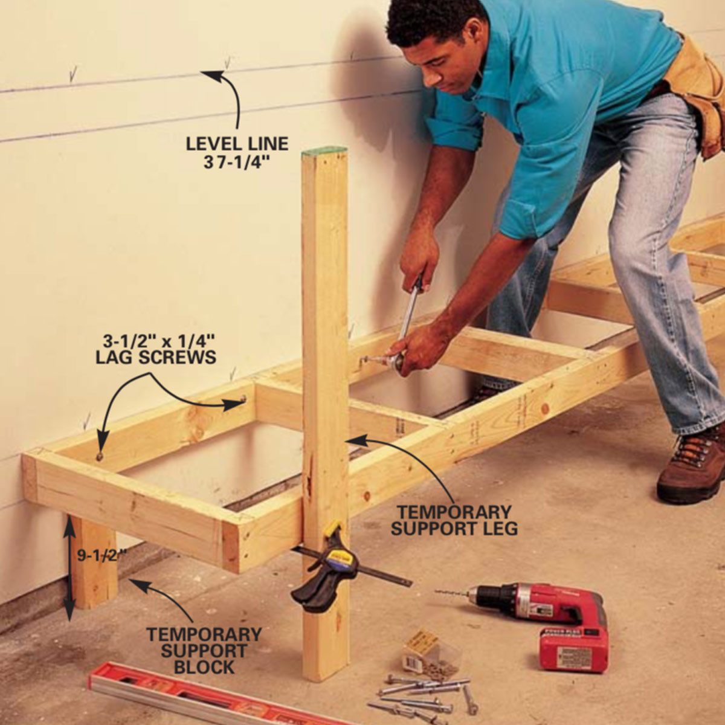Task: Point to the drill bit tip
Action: click(436, 591)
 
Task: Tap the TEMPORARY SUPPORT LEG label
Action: click(454, 520)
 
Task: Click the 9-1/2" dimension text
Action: click(101, 555)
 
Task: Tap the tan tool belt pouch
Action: click(696, 94)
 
